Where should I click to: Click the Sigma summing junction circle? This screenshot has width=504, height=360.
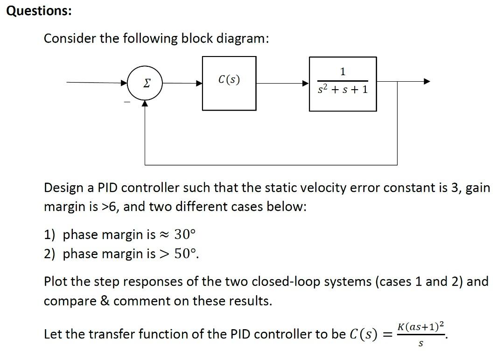[145, 83]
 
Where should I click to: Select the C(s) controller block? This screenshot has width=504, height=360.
[229, 83]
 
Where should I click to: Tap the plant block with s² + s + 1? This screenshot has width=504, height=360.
[343, 84]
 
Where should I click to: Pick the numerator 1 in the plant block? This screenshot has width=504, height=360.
[343, 71]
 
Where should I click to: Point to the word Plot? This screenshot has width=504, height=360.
[56, 282]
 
